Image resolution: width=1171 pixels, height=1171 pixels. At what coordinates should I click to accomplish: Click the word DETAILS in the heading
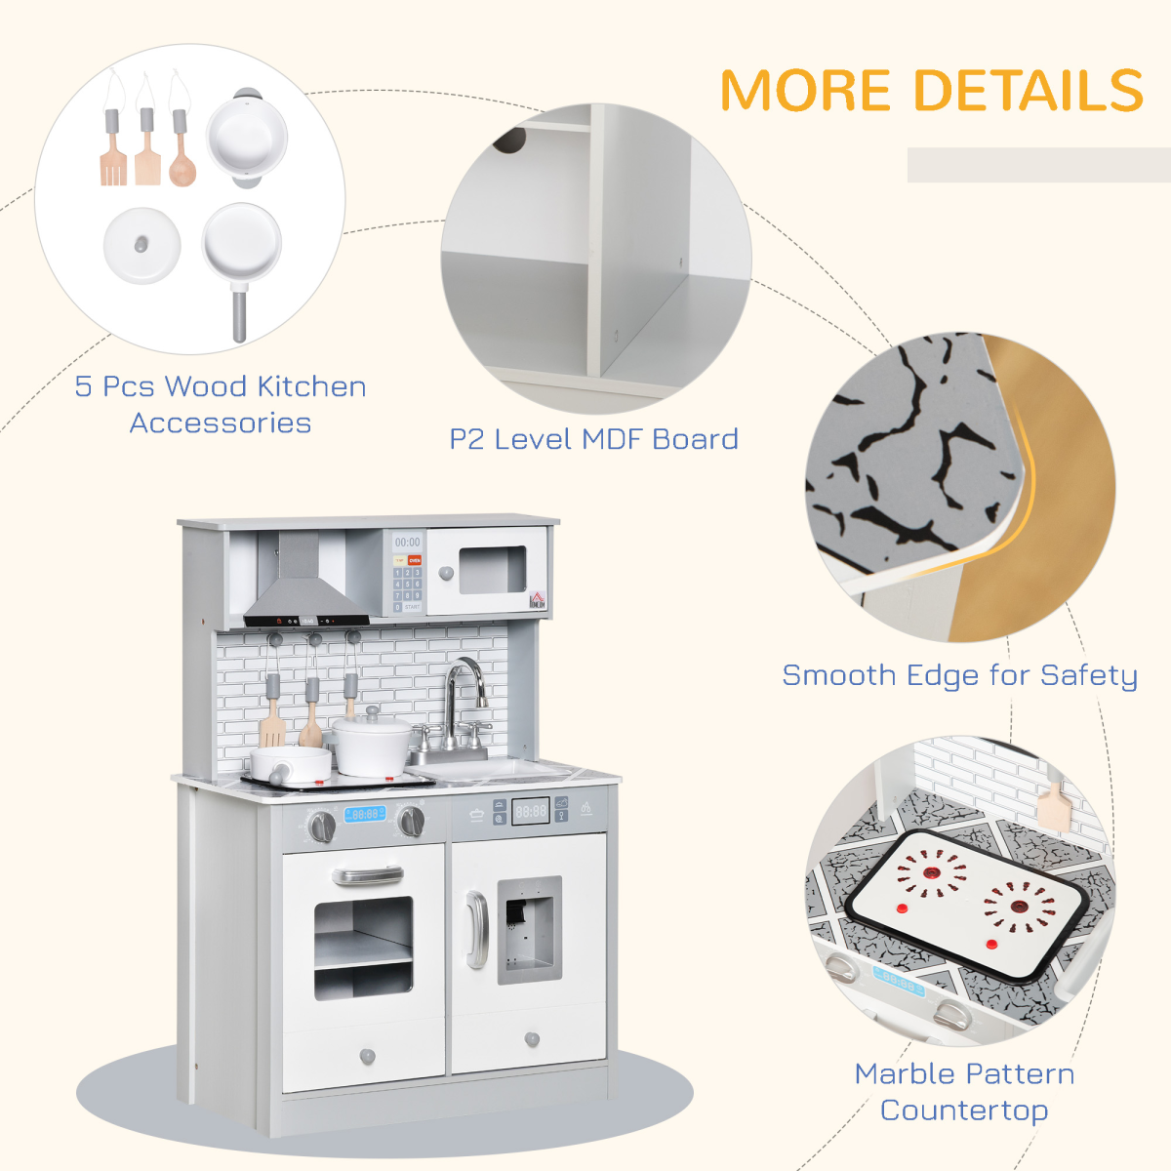tap(1029, 91)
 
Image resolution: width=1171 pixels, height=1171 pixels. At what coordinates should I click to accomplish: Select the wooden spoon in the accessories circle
tap(182, 161)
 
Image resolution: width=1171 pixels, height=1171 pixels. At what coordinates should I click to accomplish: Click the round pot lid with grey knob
tap(141, 245)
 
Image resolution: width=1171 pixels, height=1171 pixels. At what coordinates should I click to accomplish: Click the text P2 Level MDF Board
tap(593, 439)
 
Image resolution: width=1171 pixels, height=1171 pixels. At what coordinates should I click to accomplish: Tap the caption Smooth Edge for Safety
tap(959, 675)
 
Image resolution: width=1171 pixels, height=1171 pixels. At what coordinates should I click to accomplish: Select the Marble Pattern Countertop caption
tap(964, 1091)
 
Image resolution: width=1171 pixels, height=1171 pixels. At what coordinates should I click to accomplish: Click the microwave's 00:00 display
tap(407, 543)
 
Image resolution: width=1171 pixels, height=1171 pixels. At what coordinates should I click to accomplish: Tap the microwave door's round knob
tap(446, 574)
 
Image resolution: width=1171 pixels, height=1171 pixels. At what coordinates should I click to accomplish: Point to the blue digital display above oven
tap(365, 814)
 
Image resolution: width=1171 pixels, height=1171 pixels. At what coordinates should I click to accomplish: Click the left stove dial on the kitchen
tap(322, 827)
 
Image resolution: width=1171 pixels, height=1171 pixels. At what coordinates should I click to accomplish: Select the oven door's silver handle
tap(367, 875)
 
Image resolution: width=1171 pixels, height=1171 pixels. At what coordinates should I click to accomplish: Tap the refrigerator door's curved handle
tap(475, 929)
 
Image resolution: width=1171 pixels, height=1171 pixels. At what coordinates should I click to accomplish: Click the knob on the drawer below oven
tap(368, 1055)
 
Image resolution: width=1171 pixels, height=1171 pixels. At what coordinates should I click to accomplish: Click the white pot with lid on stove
tap(372, 745)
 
